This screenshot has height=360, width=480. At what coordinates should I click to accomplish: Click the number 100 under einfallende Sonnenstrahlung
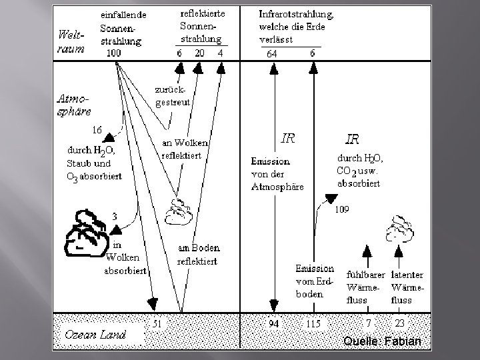coord(114,53)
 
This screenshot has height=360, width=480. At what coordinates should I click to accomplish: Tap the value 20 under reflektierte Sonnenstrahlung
coord(199,53)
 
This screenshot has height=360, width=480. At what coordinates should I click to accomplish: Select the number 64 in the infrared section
coord(272,53)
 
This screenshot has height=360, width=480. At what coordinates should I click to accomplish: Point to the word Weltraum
coord(71,41)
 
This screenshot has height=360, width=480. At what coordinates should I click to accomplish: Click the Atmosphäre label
coord(73,104)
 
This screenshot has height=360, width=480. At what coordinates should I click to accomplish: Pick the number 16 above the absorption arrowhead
coord(97,129)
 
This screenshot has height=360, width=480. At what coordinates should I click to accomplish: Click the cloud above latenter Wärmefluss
coord(400,228)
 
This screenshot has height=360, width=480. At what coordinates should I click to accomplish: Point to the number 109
coord(341,209)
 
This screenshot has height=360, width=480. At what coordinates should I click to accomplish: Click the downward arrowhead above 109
coord(330,198)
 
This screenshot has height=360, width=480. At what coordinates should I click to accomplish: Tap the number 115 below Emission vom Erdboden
coord(313,323)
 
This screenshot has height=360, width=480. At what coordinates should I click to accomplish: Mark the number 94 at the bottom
coord(273,323)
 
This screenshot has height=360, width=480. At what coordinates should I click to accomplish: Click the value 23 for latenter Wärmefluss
coord(399,323)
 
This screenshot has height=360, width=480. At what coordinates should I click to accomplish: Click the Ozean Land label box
coord(95,334)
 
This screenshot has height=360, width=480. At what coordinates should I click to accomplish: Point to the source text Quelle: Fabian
coord(383,341)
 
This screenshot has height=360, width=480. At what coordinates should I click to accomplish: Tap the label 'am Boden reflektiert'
coord(198,255)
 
